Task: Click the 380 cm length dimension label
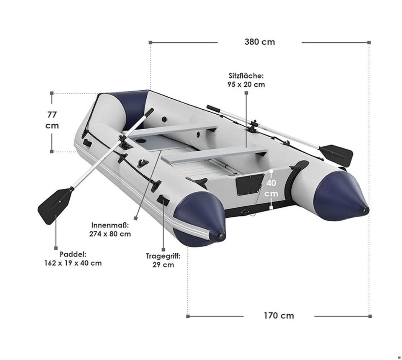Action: click(259, 42)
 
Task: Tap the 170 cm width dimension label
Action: click(279, 315)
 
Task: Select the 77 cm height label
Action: click(52, 120)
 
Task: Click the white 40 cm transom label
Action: click(271, 188)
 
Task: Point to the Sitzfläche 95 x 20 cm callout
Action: click(246, 80)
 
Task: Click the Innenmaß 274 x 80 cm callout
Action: click(110, 229)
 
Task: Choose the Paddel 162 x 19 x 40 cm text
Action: click(73, 259)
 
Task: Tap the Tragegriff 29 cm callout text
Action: click(163, 260)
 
